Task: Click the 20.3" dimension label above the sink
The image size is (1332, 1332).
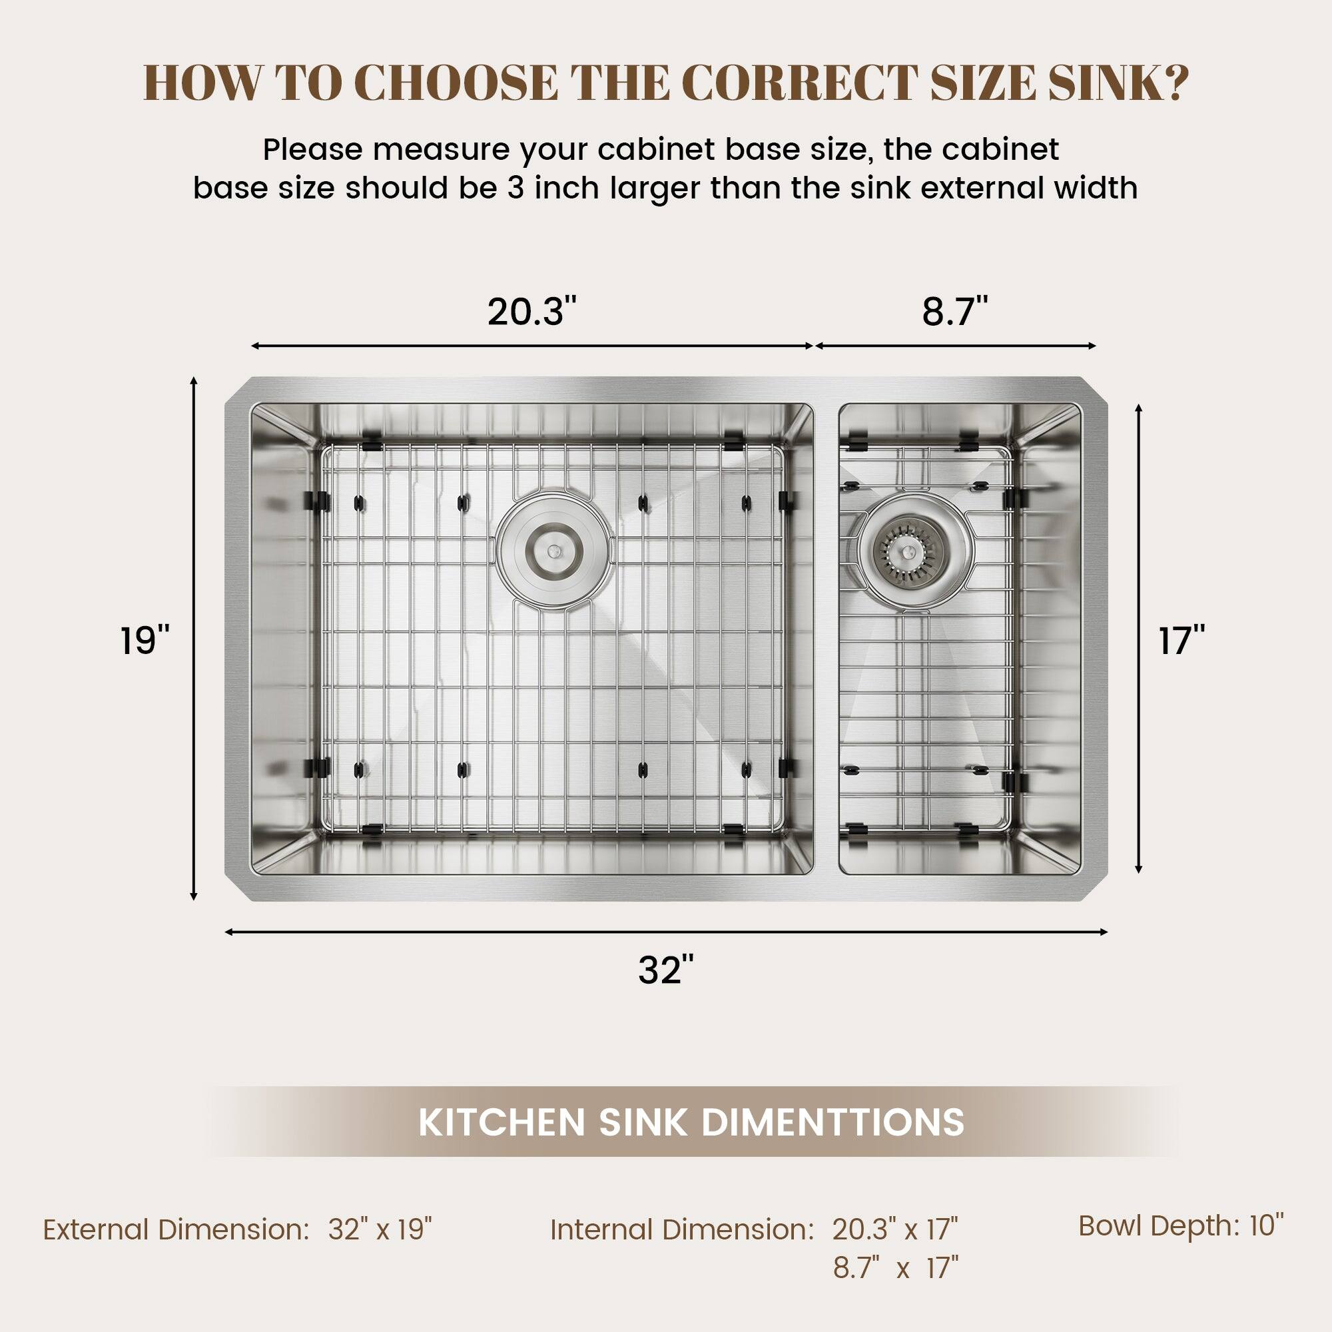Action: pyautogui.click(x=531, y=312)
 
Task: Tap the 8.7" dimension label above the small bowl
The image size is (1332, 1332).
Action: pyautogui.click(x=955, y=312)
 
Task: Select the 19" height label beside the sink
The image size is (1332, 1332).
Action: pyautogui.click(x=145, y=641)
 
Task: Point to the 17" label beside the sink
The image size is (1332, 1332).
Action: pyautogui.click(x=1181, y=641)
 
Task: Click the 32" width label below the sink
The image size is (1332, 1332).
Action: pyautogui.click(x=665, y=971)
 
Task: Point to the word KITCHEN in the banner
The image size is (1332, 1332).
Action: pyautogui.click(x=502, y=1122)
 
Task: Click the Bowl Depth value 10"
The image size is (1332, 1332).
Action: pyautogui.click(x=1267, y=1225)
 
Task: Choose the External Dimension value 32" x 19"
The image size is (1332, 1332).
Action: pyautogui.click(x=380, y=1229)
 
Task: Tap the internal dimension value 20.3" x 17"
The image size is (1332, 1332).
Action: pyautogui.click(x=895, y=1229)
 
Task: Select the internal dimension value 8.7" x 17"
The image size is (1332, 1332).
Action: pyautogui.click(x=895, y=1267)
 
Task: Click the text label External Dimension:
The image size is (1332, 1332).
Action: pyautogui.click(x=176, y=1229)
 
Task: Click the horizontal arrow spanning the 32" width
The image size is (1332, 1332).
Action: pyautogui.click(x=665, y=932)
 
